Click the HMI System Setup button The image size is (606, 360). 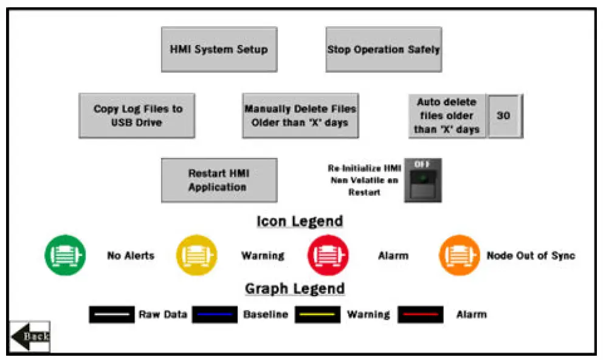click(219, 49)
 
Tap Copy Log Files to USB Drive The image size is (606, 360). click(137, 116)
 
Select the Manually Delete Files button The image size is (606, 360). click(300, 116)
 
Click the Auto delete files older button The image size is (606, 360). click(447, 116)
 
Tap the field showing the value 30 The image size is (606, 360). click(504, 116)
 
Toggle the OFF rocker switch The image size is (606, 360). click(423, 181)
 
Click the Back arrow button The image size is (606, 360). click(29, 336)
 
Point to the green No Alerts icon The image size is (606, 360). click(65, 255)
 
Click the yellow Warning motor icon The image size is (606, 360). click(196, 255)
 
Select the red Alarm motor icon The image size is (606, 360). click(328, 255)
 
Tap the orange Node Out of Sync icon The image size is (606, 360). click(459, 255)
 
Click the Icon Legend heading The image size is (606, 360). click(300, 221)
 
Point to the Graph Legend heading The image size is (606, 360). click(295, 288)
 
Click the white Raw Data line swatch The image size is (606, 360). click(111, 314)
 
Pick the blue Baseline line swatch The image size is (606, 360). click(215, 314)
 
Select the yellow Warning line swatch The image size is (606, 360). click(317, 314)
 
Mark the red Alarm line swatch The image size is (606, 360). click(421, 314)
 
